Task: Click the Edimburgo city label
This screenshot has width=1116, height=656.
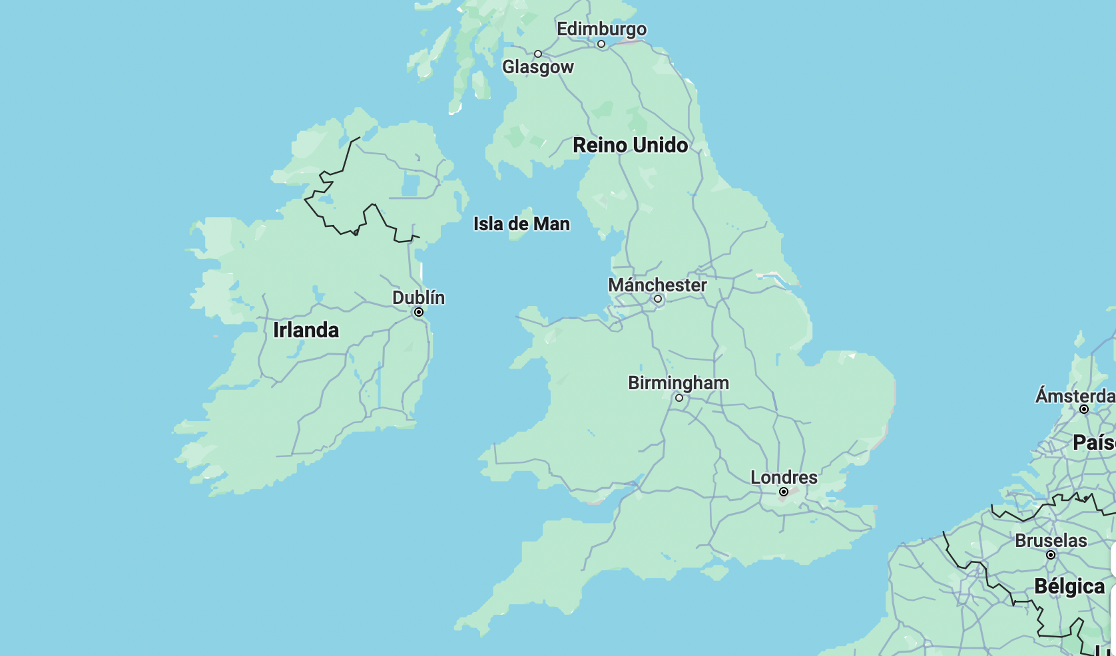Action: tap(601, 29)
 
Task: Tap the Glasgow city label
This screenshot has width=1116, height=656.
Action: tap(537, 67)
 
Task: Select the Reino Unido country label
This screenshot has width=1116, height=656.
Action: tap(630, 145)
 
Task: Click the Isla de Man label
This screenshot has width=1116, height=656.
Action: tap(521, 224)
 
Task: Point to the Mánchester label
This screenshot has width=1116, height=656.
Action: tap(657, 285)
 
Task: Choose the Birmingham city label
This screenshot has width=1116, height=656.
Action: tap(678, 383)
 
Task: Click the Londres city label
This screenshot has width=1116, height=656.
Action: tap(784, 478)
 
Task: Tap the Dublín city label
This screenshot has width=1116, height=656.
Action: tap(418, 297)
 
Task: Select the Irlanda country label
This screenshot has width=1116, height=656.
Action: tap(306, 330)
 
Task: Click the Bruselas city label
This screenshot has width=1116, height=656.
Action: tap(1051, 540)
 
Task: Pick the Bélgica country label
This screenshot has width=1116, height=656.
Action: tap(1069, 586)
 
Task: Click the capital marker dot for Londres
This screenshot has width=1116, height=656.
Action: tap(784, 492)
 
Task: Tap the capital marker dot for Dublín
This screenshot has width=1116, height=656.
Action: tap(419, 312)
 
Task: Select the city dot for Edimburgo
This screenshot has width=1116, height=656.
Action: tap(601, 44)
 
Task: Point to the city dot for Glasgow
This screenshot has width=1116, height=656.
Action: tap(538, 54)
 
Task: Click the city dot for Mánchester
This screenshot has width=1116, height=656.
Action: tap(658, 299)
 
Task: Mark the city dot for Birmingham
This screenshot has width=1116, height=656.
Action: tap(679, 398)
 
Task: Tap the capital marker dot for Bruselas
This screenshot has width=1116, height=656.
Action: tap(1051, 555)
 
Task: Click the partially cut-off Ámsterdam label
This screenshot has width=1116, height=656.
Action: tap(1075, 396)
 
